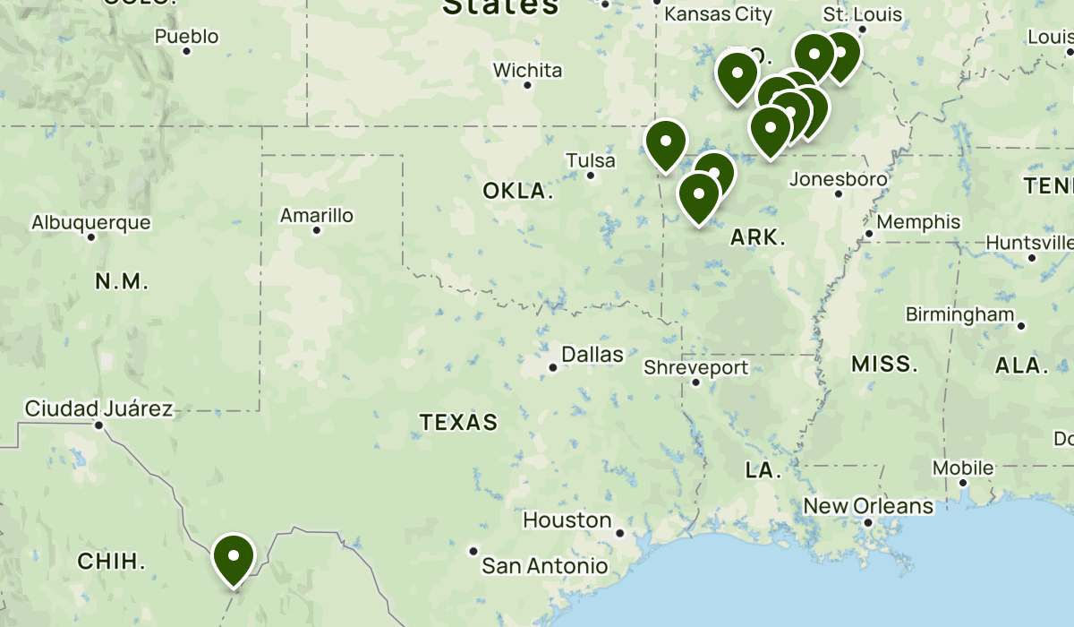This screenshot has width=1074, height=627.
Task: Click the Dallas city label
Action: coord(592,355)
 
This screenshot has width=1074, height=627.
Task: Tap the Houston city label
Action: coord(567,520)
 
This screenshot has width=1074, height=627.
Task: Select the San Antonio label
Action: coord(544,566)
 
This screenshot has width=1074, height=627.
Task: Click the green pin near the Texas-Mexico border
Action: coord(234,557)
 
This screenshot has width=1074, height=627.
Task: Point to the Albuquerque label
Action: coord(91,223)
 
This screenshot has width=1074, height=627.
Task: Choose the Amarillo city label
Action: coord(317,216)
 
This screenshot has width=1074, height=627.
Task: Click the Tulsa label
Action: coord(591,161)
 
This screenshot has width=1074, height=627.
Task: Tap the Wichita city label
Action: coord(528,71)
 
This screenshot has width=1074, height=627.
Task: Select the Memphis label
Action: coord(918,222)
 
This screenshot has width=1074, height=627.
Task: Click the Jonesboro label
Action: coord(839,179)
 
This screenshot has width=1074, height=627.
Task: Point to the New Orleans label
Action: coord(868,506)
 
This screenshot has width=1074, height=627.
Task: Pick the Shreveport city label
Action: coord(696,367)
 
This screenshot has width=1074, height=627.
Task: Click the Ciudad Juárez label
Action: coord(98,409)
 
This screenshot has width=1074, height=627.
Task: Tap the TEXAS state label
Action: coord(459,422)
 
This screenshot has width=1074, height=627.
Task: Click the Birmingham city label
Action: coord(959,314)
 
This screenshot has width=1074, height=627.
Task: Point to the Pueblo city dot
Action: coord(187,51)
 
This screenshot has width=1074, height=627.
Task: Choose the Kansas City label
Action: coord(718,14)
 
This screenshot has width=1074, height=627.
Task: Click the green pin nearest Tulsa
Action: coord(666,143)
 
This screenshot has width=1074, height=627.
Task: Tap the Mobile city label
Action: coord(963,468)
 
